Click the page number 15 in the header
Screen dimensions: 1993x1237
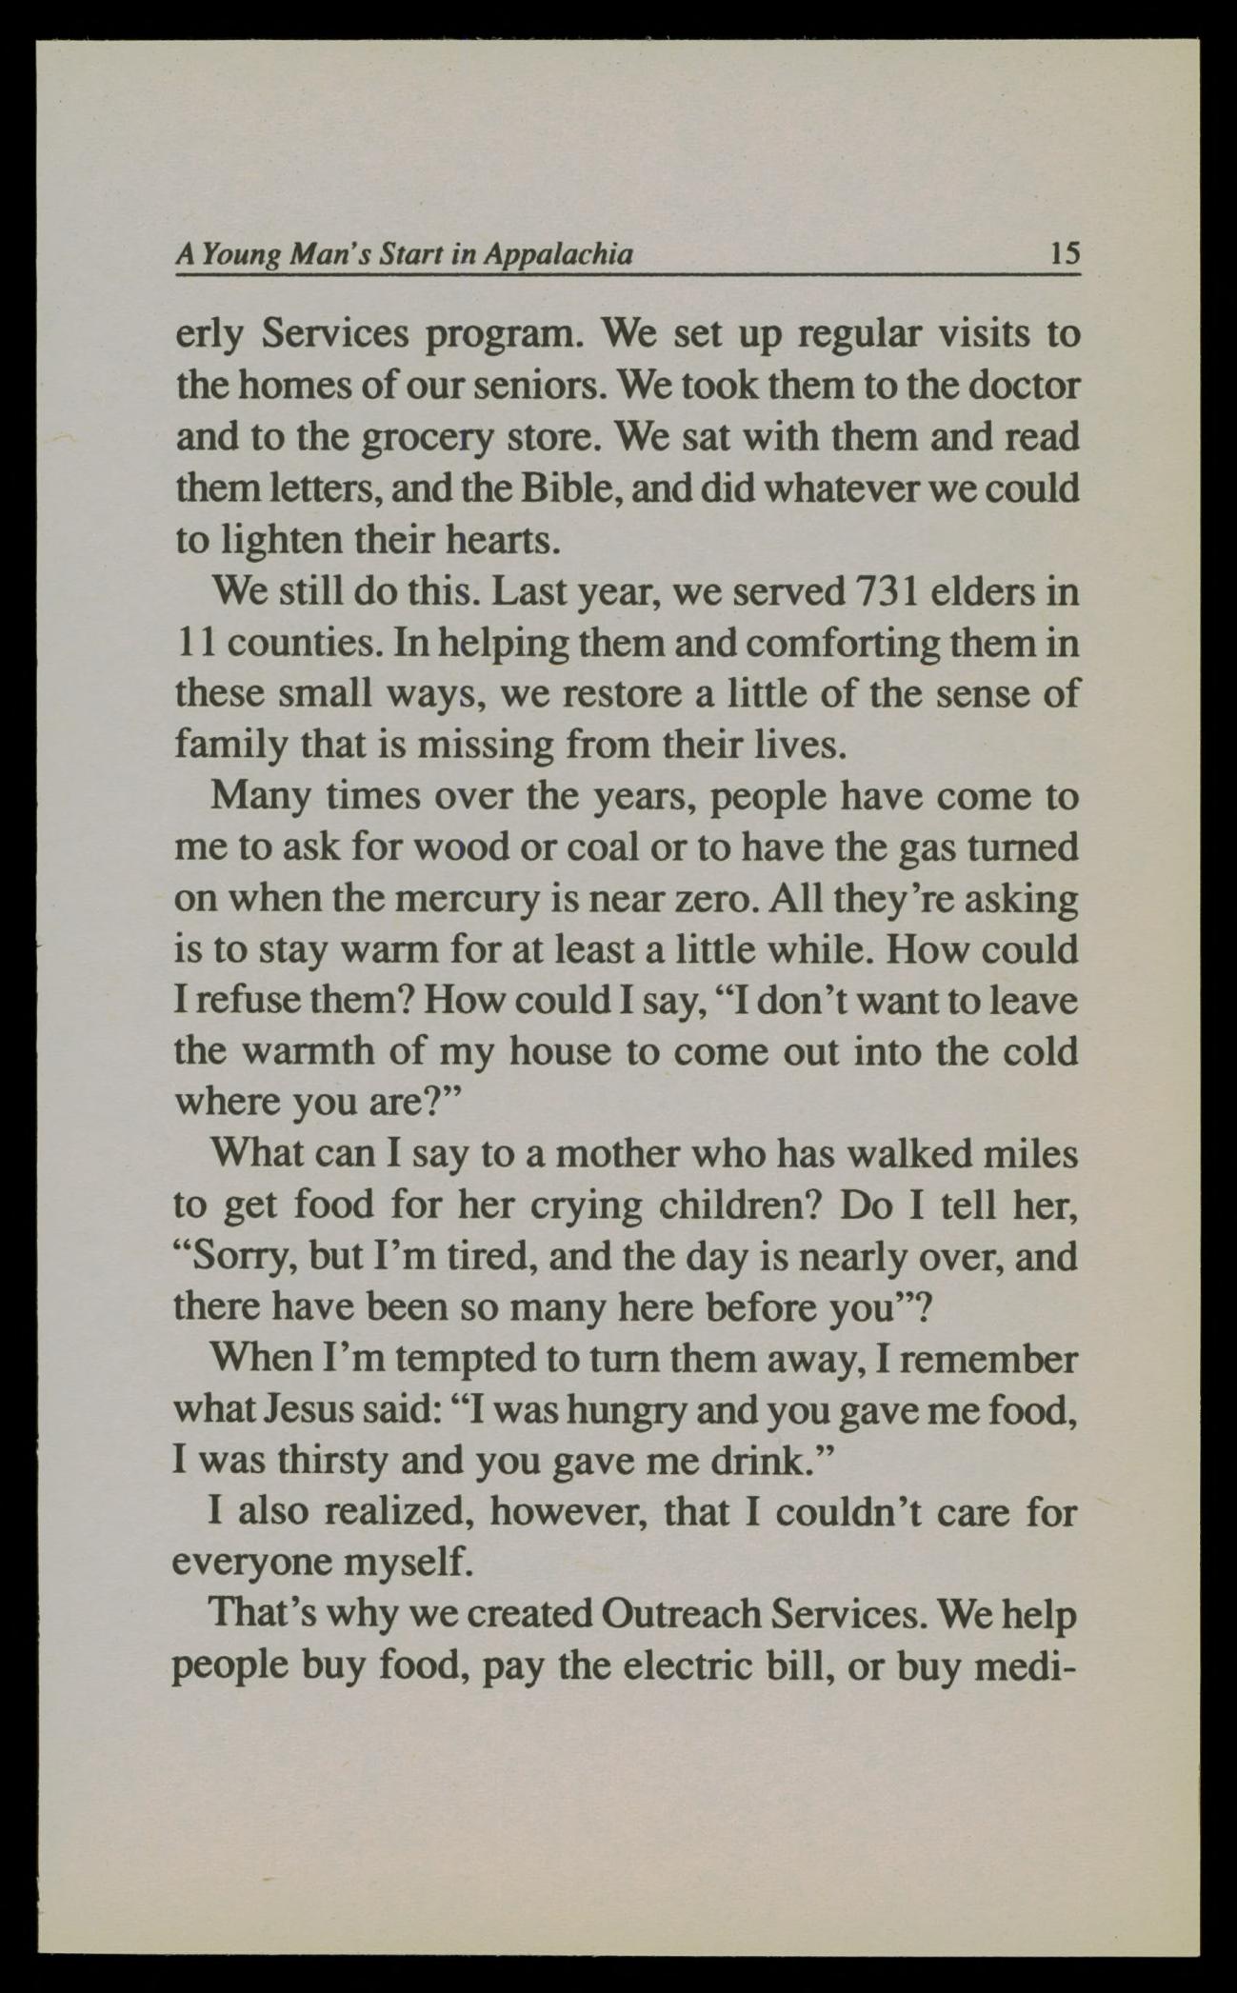click(1063, 254)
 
